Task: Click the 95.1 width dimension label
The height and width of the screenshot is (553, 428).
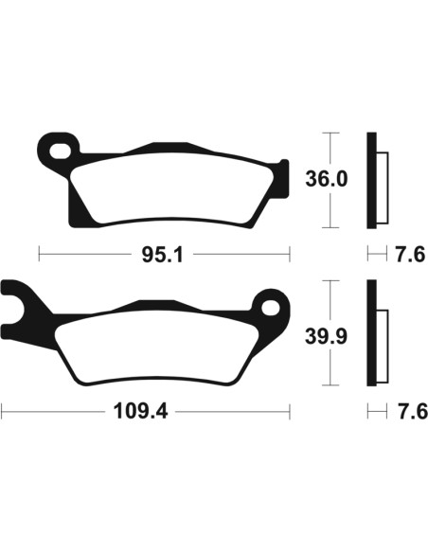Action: pyautogui.click(x=163, y=255)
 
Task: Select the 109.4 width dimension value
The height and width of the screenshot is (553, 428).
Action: pyautogui.click(x=140, y=411)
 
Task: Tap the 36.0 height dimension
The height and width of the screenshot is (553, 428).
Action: pyautogui.click(x=326, y=179)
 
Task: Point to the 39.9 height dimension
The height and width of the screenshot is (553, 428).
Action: pyautogui.click(x=326, y=336)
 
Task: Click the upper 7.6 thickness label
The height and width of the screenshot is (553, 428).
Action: pyautogui.click(x=410, y=255)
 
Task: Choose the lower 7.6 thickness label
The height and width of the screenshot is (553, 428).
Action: pyautogui.click(x=412, y=411)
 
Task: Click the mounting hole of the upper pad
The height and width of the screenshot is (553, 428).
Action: pyautogui.click(x=60, y=151)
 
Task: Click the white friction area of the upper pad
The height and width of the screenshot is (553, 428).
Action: pyautogui.click(x=171, y=188)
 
